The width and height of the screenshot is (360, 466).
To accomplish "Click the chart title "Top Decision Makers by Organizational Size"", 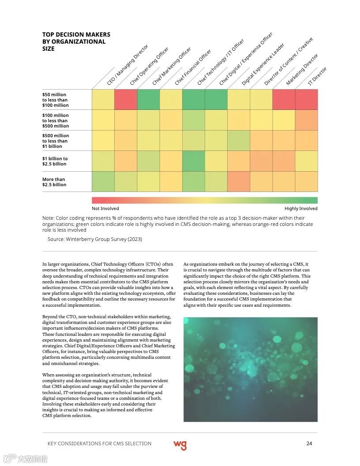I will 76,41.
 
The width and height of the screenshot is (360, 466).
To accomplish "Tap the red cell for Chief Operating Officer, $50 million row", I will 126,99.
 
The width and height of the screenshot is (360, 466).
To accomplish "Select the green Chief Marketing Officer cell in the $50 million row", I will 148,99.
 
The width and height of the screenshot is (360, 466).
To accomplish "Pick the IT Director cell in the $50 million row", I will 306,99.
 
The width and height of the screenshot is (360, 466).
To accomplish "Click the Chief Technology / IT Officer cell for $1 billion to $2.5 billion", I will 193,161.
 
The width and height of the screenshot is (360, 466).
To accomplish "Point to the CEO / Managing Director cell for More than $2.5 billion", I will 103,181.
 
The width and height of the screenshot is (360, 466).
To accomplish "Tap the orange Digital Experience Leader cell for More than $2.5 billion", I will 239,181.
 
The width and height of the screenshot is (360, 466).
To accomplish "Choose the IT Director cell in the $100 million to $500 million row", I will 306,120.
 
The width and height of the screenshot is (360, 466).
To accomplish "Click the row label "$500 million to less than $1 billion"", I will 56,141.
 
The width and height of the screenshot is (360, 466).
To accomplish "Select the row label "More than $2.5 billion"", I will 54,182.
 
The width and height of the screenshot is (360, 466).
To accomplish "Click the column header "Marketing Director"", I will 302,70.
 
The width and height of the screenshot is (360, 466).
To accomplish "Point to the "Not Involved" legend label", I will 105,208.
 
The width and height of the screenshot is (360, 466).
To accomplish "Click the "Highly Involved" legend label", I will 301,208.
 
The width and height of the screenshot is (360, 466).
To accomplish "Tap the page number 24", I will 309,443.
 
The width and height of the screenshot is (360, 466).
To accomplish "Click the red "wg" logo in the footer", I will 180,444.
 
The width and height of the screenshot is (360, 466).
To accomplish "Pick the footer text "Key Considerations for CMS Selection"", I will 99,443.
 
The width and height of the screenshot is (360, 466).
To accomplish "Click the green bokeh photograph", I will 250,369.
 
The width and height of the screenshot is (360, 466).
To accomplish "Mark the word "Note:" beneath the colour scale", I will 48,218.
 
